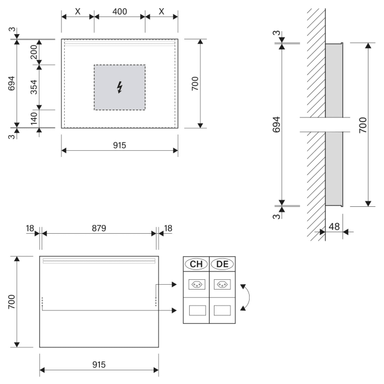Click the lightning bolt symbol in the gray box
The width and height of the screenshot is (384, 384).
[x=120, y=87]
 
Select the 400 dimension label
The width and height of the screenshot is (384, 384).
[x=120, y=10]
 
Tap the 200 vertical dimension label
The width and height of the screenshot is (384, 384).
[x=34, y=52]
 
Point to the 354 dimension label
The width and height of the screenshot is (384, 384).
[x=34, y=87]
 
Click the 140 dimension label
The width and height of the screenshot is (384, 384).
[x=34, y=118]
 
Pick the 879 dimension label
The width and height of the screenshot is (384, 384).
[x=99, y=227]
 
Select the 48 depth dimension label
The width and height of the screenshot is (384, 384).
[x=334, y=226]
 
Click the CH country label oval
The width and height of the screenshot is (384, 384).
[x=196, y=264]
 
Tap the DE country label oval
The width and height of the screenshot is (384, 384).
[x=222, y=264]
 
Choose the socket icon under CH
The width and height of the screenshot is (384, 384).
[x=196, y=285]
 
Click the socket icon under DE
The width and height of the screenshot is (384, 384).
[x=222, y=285]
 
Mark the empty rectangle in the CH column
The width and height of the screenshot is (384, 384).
[x=196, y=310]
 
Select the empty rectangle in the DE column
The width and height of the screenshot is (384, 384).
[x=222, y=310]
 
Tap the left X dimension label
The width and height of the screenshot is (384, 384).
[x=77, y=10]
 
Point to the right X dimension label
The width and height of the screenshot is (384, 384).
[x=161, y=10]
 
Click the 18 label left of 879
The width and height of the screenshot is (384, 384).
[x=30, y=227]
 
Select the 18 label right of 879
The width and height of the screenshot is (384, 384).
[x=168, y=227]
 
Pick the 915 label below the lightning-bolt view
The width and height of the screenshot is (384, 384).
[x=120, y=145]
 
